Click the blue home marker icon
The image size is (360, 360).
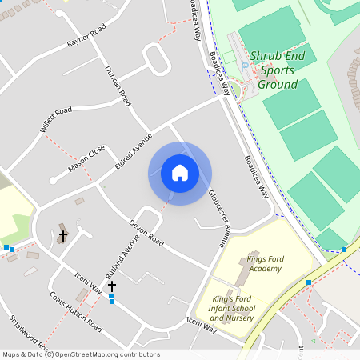click(x=180, y=173)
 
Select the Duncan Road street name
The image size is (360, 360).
click(x=118, y=86)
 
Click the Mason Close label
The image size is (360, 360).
click(x=86, y=158)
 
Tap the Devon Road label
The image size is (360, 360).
click(x=146, y=232)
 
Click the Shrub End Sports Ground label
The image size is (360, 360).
click(x=273, y=70)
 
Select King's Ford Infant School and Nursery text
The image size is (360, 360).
click(x=232, y=308)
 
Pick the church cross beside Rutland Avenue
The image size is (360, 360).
click(x=112, y=286)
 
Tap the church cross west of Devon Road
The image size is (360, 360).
click(x=63, y=236)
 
